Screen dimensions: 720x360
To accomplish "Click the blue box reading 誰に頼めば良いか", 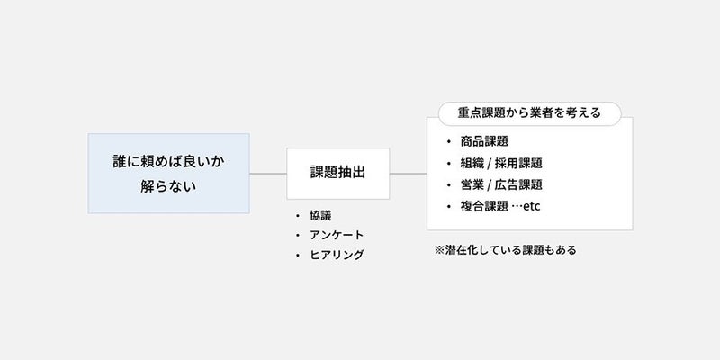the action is click(168, 174).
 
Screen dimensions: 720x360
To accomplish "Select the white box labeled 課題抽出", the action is click(338, 174).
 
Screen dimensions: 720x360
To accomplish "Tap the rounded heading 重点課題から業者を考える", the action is click(529, 113).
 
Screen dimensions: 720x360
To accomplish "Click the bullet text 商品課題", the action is click(484, 141).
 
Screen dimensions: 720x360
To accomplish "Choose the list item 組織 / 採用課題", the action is click(501, 163).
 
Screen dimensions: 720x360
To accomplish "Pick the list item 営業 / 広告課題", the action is click(501, 184).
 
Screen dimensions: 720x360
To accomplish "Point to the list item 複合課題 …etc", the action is click(500, 206).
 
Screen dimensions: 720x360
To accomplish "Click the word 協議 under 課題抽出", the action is click(320, 216).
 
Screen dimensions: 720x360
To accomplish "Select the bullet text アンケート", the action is click(337, 235).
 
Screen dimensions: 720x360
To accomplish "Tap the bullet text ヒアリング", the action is click(337, 255).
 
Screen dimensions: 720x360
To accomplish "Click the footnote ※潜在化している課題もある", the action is click(505, 250).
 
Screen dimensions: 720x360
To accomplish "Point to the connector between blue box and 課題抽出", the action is click(268, 174).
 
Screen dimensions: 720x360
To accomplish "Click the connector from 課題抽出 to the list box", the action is click(409, 174).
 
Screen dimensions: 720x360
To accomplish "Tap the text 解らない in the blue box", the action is click(168, 187).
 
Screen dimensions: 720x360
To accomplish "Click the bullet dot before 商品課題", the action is click(448, 142).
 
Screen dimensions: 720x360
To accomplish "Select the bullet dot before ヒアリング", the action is click(298, 256).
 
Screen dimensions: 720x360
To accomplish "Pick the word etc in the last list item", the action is click(532, 207).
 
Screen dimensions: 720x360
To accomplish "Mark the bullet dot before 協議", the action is click(298, 216).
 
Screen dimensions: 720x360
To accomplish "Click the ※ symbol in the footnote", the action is click(439, 250).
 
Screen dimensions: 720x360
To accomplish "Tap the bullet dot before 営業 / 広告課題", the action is click(448, 185).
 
